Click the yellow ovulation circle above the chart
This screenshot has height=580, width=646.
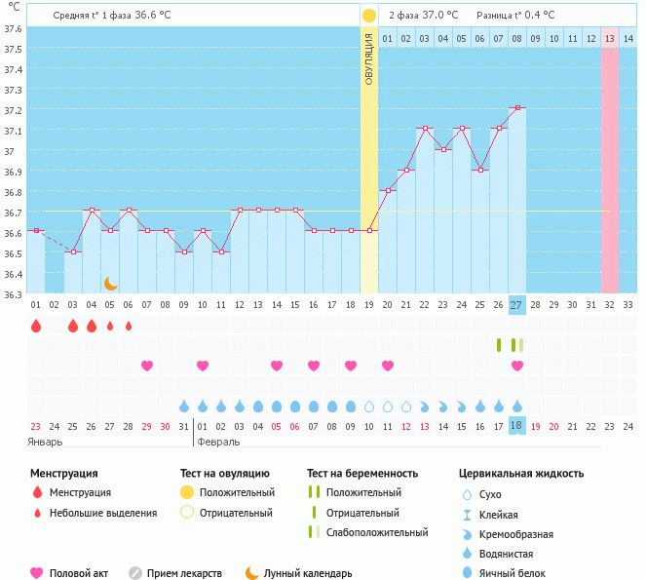(369, 16)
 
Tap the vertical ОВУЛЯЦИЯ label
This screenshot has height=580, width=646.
(369, 58)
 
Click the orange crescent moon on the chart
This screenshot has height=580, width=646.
(111, 284)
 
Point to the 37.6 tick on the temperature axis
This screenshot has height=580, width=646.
(14, 28)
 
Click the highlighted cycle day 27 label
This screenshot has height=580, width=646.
(517, 305)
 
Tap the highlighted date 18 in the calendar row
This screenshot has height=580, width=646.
(517, 426)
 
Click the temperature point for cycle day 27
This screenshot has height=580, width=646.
(517, 108)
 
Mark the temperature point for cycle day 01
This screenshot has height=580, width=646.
(36, 230)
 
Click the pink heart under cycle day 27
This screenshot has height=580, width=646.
(517, 366)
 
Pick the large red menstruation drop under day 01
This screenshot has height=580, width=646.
(36, 326)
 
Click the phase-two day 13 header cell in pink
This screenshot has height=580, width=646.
(610, 38)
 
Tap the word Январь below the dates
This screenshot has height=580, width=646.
(45, 442)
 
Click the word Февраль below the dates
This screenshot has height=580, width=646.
(219, 442)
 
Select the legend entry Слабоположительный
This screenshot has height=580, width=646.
(377, 532)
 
